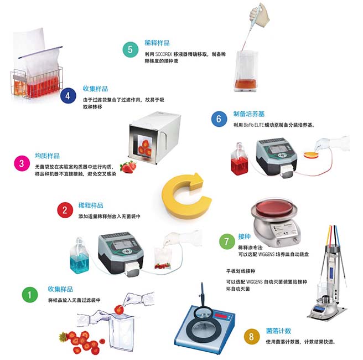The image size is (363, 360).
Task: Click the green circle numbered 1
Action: tap(30, 295)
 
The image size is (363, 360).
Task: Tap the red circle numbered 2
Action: tap(65, 210)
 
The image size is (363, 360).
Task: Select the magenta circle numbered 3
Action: tap(22, 163)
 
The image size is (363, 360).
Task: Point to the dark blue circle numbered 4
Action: tap(68, 96)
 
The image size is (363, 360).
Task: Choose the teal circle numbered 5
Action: tap(131, 49)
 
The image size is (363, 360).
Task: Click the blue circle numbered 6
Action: tap(219, 119)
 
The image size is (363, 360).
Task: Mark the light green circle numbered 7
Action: tap(227, 241)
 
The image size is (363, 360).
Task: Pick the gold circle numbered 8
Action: tap(252, 336)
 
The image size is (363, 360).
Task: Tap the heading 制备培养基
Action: tap(249, 114)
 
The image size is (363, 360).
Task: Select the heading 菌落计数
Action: tap(278, 331)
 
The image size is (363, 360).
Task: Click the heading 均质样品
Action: tap(48, 156)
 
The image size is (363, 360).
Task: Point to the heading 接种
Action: tap(244, 236)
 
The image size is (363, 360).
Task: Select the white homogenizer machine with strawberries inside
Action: tap(154, 137)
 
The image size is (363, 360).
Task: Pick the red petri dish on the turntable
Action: tap(274, 207)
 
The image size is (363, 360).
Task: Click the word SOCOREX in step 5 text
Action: tap(164, 54)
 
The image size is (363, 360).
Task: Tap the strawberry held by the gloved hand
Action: tap(119, 310)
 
